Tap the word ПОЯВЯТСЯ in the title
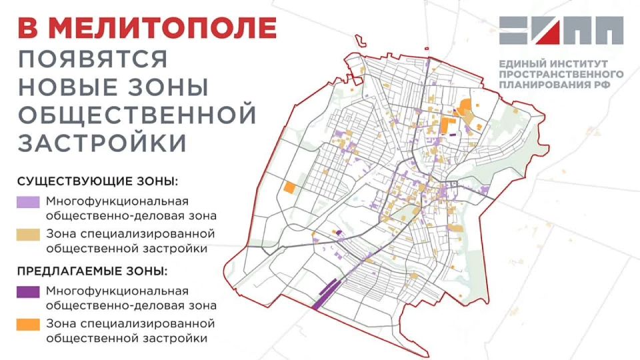coord(93,59)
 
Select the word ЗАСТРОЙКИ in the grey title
coord(101,141)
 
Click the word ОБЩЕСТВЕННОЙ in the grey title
coord(137,114)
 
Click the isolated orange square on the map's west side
coord(289,187)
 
